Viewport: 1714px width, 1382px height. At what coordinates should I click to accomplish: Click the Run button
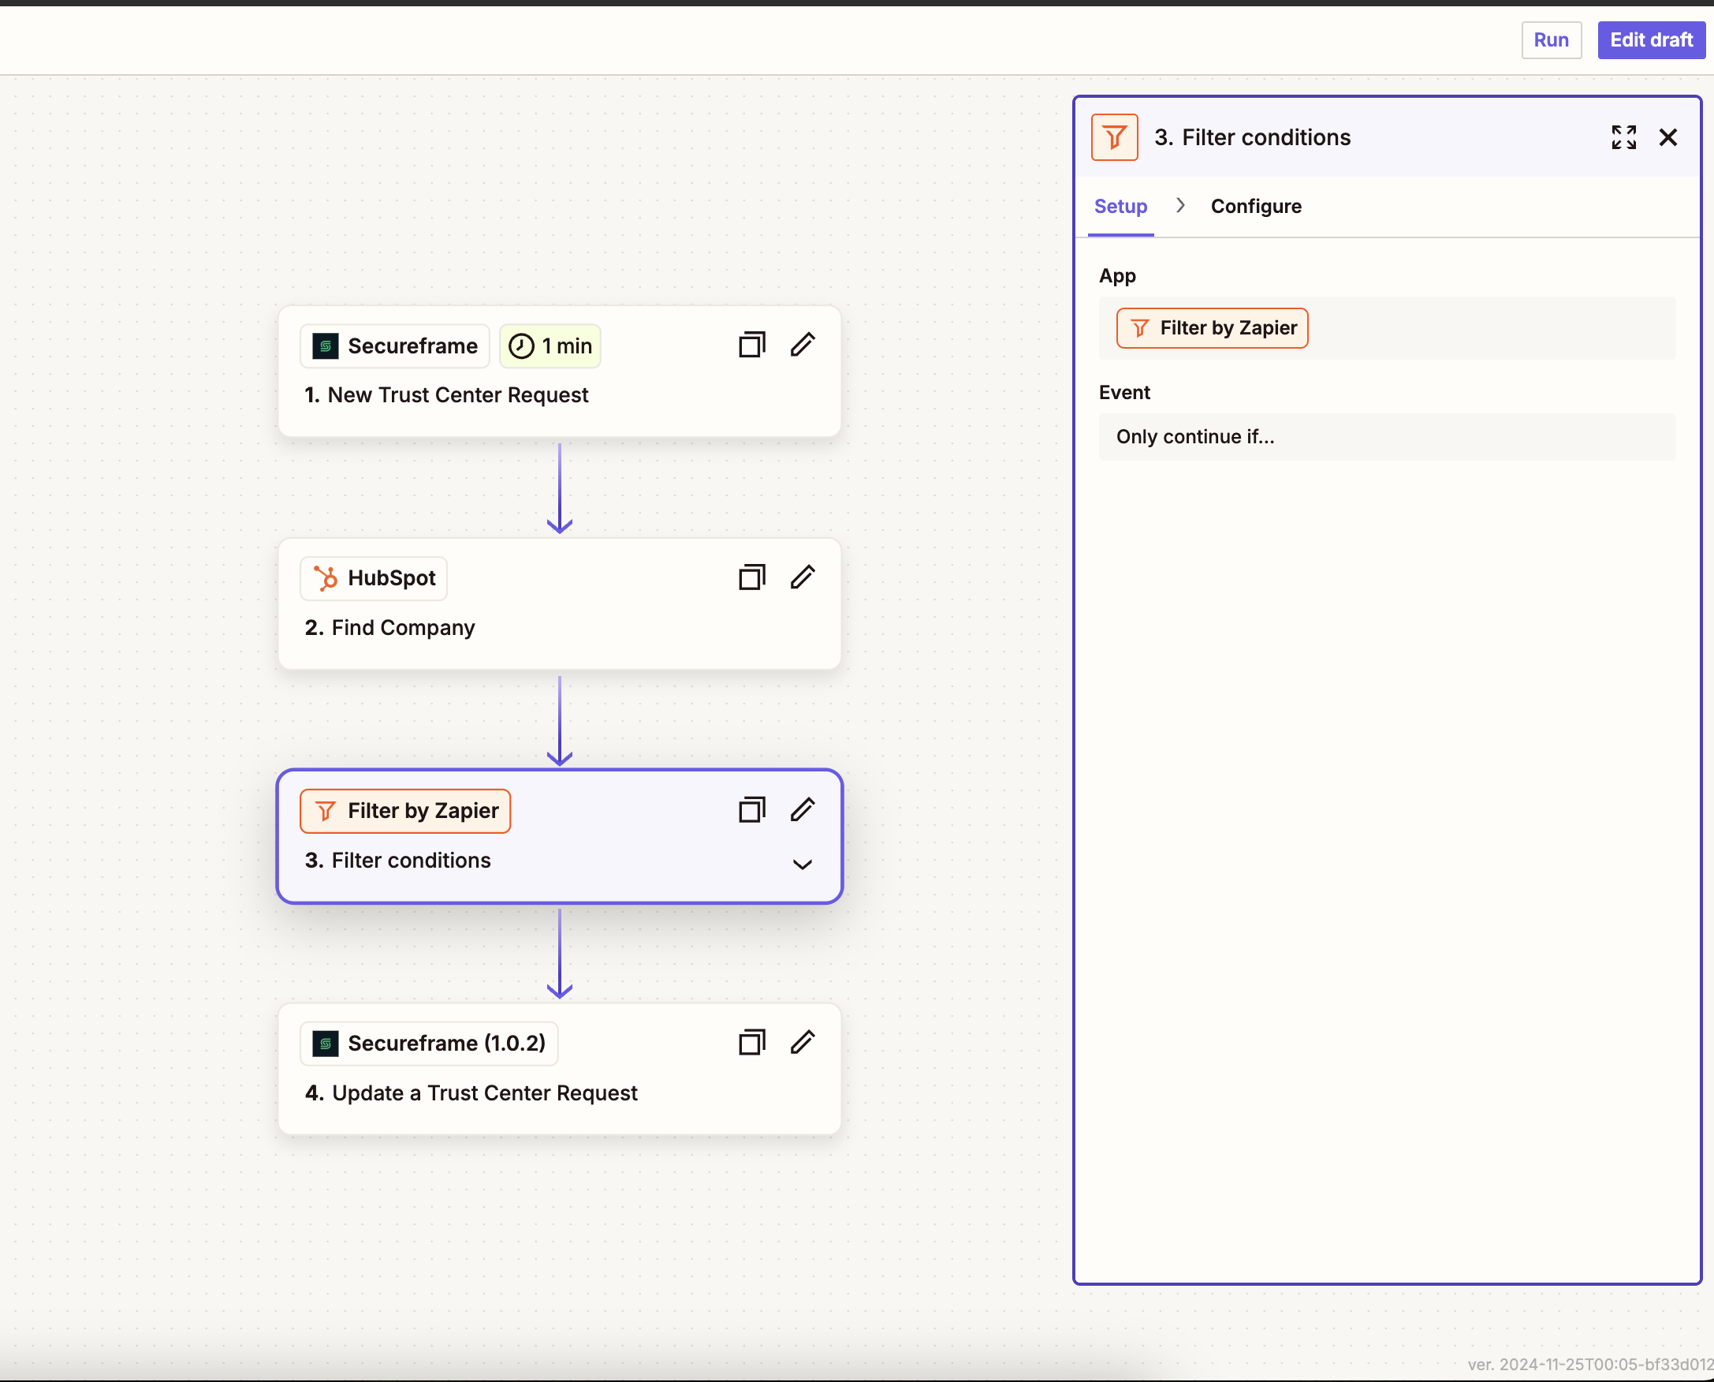pos(1551,39)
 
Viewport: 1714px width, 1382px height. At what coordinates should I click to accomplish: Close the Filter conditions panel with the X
pos(1667,138)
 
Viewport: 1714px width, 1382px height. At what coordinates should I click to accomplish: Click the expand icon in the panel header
pos(1623,138)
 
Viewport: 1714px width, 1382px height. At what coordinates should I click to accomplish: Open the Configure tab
pos(1256,206)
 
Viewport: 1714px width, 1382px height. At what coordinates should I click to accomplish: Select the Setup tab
pos(1120,206)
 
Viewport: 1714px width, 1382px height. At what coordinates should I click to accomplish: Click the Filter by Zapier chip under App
pos(1212,328)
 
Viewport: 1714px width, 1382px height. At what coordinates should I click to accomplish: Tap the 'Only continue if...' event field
pos(1387,436)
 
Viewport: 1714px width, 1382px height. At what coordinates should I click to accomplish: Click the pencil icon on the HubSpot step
pos(802,577)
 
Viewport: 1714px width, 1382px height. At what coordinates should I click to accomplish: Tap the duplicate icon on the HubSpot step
pos(751,577)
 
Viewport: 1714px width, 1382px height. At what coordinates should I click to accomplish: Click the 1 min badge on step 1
pos(550,346)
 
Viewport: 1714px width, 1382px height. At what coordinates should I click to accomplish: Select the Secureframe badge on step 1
pos(395,346)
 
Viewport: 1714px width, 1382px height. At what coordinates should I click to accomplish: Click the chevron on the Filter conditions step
pos(802,865)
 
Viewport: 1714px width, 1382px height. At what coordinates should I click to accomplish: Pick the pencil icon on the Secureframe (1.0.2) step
pos(802,1042)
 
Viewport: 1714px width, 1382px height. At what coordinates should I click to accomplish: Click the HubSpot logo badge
pos(373,579)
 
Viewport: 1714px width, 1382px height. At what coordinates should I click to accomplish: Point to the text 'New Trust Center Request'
pos(457,395)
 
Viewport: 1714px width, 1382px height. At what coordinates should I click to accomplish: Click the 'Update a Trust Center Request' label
pos(485,1093)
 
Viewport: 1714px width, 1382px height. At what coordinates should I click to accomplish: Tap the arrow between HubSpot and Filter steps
pos(560,721)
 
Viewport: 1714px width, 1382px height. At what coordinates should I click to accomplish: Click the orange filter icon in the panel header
pos(1114,138)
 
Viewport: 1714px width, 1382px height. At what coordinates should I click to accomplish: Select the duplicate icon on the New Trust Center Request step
pos(751,345)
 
